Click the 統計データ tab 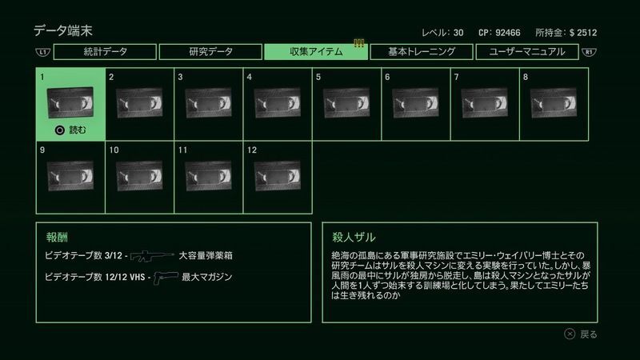pos(105,52)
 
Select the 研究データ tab pos(210,52)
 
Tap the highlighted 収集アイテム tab pos(316,52)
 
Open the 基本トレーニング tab pos(422,52)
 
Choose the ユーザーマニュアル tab pos(527,52)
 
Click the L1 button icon pos(43,52)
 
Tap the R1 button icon pos(589,52)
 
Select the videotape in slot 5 pos(346,103)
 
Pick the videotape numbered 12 pos(278,176)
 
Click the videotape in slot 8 pos(554,103)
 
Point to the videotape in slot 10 pos(139,176)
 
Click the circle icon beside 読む pos(59,130)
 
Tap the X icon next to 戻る pos(570,334)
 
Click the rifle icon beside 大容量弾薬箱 pos(152,256)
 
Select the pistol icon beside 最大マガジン pos(166,278)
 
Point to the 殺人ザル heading pos(354,237)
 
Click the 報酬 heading pos(57,237)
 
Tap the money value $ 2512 pos(583,33)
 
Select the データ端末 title pos(63,30)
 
